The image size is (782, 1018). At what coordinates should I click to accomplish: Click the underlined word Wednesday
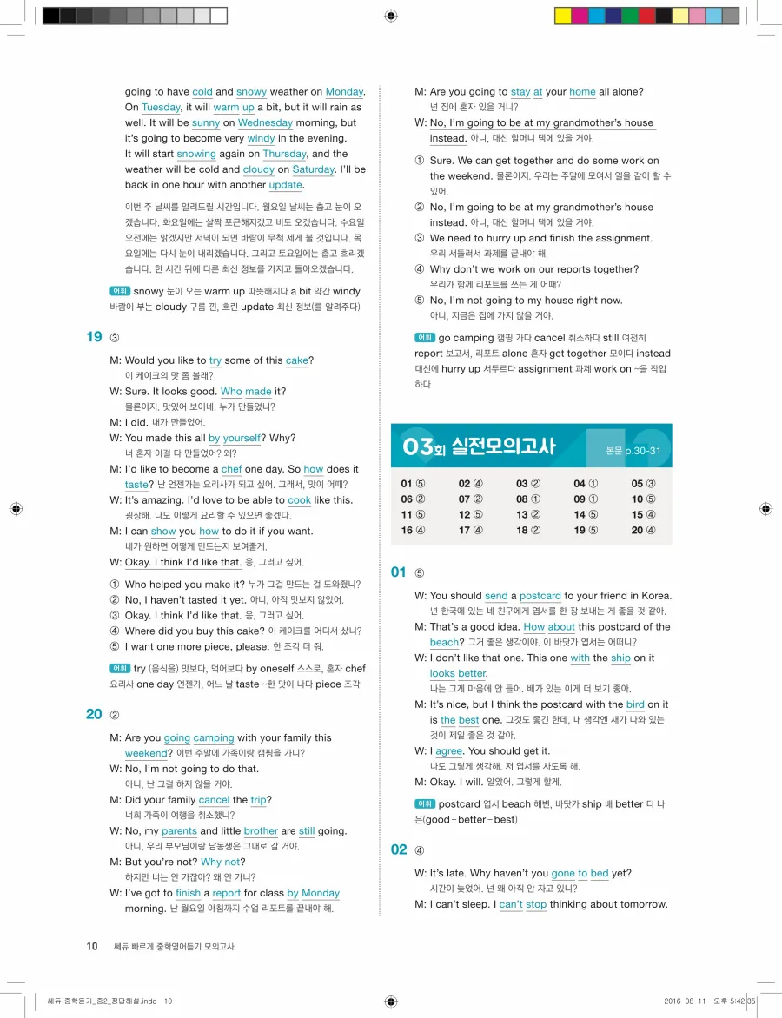point(265,122)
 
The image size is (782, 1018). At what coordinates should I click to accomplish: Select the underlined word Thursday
point(284,154)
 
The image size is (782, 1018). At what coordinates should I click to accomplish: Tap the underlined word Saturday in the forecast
point(313,169)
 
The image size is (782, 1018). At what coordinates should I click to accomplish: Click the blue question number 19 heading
point(95,337)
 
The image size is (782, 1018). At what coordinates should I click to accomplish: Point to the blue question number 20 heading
point(95,715)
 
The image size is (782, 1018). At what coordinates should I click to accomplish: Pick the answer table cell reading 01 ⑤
point(414,484)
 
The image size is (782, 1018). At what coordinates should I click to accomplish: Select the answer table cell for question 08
point(528,499)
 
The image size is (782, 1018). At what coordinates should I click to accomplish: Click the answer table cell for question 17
point(471,530)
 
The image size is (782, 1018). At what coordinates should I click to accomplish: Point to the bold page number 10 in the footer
point(91,946)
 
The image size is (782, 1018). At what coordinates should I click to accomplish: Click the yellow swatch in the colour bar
point(563,16)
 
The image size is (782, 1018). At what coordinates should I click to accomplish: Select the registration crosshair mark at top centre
point(390,16)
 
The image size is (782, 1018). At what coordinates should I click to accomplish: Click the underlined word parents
point(180,831)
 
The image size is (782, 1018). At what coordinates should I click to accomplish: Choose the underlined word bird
point(635,704)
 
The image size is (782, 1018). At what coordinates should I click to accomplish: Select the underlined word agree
point(448,751)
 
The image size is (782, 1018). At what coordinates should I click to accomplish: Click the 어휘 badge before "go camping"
point(425,338)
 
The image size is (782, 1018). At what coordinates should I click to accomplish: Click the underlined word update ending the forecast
point(286,185)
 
